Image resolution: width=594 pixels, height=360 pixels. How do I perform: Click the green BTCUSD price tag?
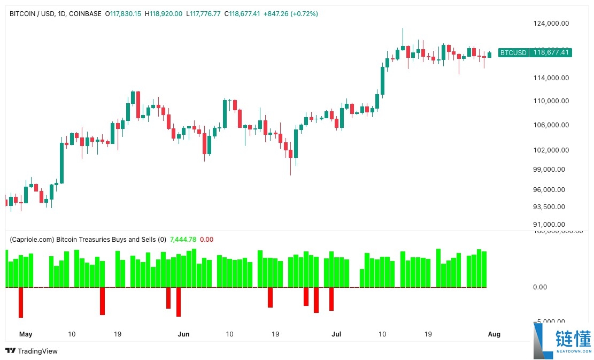(535, 52)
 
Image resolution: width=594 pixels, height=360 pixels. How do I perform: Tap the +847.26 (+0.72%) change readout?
(290, 14)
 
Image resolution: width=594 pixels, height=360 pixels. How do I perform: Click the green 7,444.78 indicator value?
(183, 240)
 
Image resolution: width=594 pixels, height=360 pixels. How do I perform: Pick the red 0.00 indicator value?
(206, 240)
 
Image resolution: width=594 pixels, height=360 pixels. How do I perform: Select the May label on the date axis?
(26, 334)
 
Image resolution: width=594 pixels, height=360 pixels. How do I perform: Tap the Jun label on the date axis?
(183, 334)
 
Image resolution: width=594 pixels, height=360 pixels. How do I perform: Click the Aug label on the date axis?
(495, 334)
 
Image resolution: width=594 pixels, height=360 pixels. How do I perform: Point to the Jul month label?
(337, 334)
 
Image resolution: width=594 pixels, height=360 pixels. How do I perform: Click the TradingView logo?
(32, 351)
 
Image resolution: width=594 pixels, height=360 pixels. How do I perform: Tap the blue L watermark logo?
(543, 341)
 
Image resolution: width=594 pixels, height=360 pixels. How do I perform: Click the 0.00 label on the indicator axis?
(541, 287)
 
